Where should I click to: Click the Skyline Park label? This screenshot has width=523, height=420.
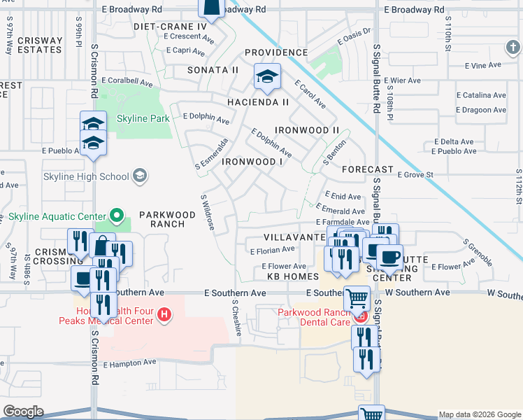pos(143,118)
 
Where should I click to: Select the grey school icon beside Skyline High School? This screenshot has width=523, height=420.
pos(140,176)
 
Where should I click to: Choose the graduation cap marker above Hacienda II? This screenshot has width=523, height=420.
pos(266,77)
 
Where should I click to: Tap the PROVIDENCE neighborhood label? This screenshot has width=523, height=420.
pos(275,52)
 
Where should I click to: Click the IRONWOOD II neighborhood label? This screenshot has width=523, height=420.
pos(306,130)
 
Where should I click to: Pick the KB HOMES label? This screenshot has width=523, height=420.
pos(282,277)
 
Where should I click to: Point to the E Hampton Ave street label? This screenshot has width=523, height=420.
pos(129,363)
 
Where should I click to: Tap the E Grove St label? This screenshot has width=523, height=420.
pos(416,175)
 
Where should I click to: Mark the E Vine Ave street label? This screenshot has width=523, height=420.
pos(488,65)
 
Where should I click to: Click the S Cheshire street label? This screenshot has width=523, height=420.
pos(237,318)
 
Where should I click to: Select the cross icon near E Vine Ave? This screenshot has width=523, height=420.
pos(513,47)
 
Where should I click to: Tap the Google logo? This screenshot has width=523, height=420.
pos(23,412)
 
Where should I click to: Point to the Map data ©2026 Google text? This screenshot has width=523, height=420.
pos(479,414)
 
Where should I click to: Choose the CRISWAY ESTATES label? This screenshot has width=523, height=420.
pos(40,45)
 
